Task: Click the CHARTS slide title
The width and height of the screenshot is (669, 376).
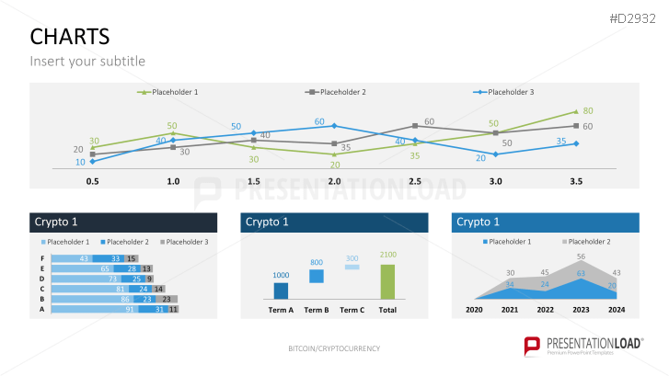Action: (x=69, y=36)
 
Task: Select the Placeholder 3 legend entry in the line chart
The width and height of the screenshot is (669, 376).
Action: (x=510, y=92)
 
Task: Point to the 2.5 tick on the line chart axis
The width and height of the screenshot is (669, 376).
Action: (x=415, y=182)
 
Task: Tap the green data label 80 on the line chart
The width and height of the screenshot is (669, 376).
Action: (x=588, y=110)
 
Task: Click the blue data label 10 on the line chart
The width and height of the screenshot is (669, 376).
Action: (x=80, y=162)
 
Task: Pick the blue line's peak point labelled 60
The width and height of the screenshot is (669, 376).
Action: (x=334, y=125)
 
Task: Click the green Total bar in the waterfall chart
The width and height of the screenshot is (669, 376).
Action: (x=387, y=282)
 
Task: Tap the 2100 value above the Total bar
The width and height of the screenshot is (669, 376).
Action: (x=387, y=255)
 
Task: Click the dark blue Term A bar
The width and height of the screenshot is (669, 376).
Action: (x=282, y=291)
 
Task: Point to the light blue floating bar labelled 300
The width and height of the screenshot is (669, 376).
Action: (x=352, y=267)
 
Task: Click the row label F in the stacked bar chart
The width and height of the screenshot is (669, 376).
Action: (x=41, y=259)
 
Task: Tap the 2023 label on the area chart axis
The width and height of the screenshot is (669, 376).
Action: (x=581, y=311)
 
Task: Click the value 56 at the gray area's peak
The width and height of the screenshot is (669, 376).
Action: (x=581, y=256)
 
